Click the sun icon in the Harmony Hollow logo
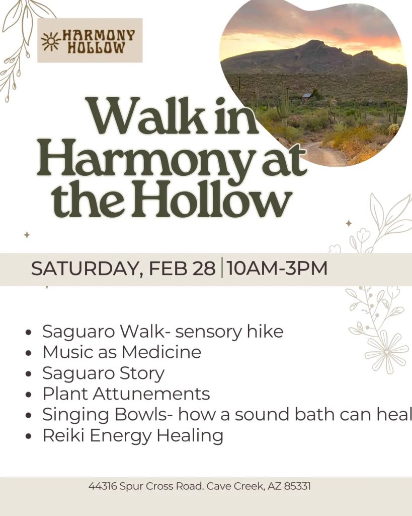pyautogui.click(x=50, y=41)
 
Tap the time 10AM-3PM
pyautogui.click(x=277, y=269)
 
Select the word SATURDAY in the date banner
pyautogui.click(x=84, y=269)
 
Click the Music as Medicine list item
pyautogui.click(x=122, y=352)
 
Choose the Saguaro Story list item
pyautogui.click(x=103, y=373)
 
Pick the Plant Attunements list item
pyautogui.click(x=126, y=393)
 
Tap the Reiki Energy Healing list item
pyautogui.click(x=133, y=435)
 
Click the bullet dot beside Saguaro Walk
pyautogui.click(x=29, y=333)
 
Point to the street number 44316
pyautogui.click(x=103, y=487)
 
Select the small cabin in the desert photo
pyautogui.click(x=307, y=96)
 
